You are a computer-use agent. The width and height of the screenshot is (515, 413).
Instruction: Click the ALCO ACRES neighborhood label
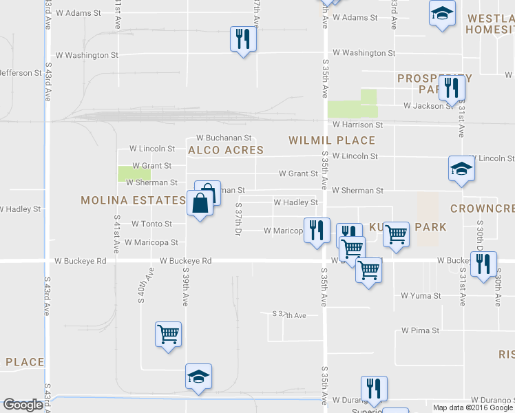pyautogui.click(x=226, y=150)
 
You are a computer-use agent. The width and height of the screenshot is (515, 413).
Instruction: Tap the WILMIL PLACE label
pyautogui.click(x=332, y=140)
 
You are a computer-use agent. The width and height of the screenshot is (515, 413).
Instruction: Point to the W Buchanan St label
pyautogui.click(x=224, y=138)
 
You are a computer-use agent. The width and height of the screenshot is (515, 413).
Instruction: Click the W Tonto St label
pyautogui.click(x=151, y=224)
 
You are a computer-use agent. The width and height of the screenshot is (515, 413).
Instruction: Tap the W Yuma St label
pyautogui.click(x=421, y=296)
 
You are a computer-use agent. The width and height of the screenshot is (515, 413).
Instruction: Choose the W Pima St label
pyautogui.click(x=421, y=331)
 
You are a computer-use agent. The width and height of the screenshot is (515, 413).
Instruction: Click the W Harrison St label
pyautogui.click(x=357, y=125)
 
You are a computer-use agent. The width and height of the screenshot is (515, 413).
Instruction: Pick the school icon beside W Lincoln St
pyautogui.click(x=461, y=169)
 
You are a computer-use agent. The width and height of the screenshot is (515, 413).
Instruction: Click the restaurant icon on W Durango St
pyautogui.click(x=374, y=389)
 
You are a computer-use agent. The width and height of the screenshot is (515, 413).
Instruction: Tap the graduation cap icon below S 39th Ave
pyautogui.click(x=198, y=377)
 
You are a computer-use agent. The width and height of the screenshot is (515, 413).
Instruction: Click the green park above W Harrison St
pyautogui.click(x=353, y=103)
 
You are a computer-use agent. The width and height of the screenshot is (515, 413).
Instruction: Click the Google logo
pyautogui.click(x=23, y=405)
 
